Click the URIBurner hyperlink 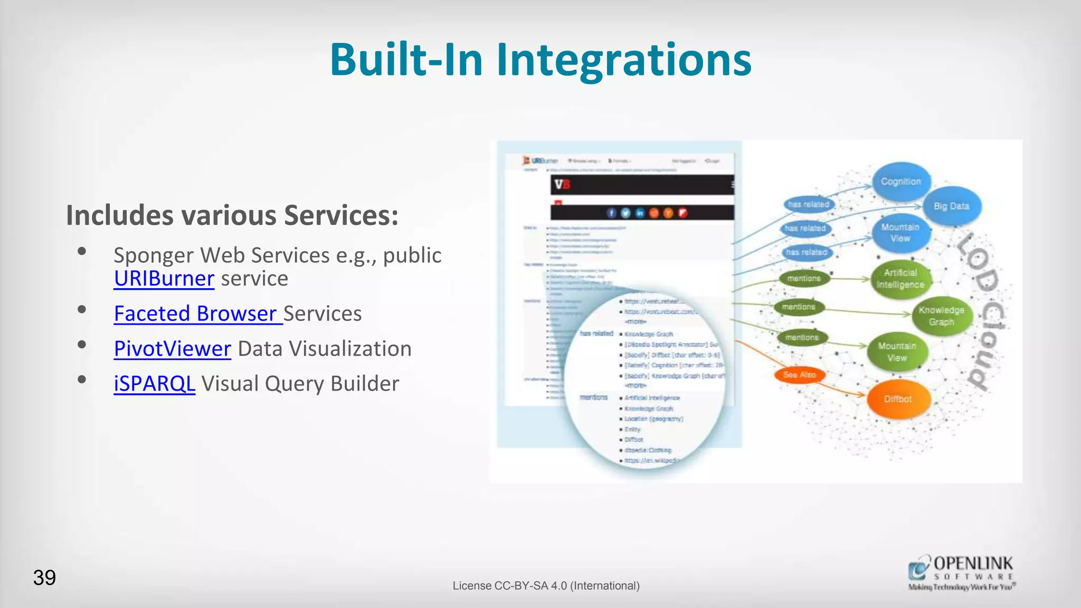click(x=164, y=279)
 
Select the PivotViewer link click(x=172, y=349)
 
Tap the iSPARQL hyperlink click(x=154, y=384)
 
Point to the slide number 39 click(x=44, y=577)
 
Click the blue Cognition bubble click(x=900, y=182)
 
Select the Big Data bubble click(x=951, y=206)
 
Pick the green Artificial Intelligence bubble click(x=900, y=279)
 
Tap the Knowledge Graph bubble click(x=941, y=316)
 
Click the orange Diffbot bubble click(x=898, y=399)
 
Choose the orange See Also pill click(x=800, y=375)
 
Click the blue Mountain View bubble click(x=900, y=233)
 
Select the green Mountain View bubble click(x=897, y=351)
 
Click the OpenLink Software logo click(x=961, y=573)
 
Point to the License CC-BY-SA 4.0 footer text click(x=546, y=586)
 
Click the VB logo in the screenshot click(x=562, y=185)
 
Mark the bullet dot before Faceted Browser click(x=82, y=310)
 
